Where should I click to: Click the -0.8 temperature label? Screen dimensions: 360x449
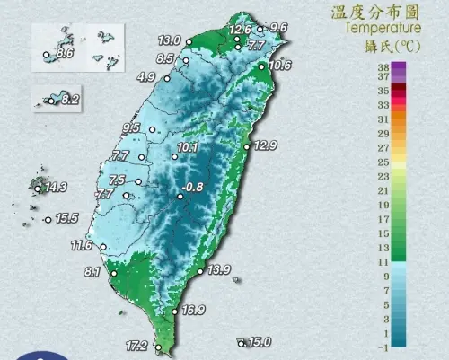[x=194, y=188]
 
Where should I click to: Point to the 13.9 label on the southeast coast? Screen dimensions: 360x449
[x=219, y=269]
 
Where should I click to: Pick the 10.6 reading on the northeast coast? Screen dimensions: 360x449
[x=279, y=65]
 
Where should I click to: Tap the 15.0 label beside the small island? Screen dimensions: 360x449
[x=260, y=342]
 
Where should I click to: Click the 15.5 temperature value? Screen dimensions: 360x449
[x=67, y=218]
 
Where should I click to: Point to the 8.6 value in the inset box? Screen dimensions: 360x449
[x=64, y=54]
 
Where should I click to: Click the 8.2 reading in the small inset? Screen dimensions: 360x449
[x=70, y=99]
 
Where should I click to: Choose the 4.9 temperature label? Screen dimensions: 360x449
[x=146, y=77]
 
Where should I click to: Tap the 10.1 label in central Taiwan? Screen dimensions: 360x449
[x=188, y=147]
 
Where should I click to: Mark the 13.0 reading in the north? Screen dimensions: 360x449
[x=169, y=40]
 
